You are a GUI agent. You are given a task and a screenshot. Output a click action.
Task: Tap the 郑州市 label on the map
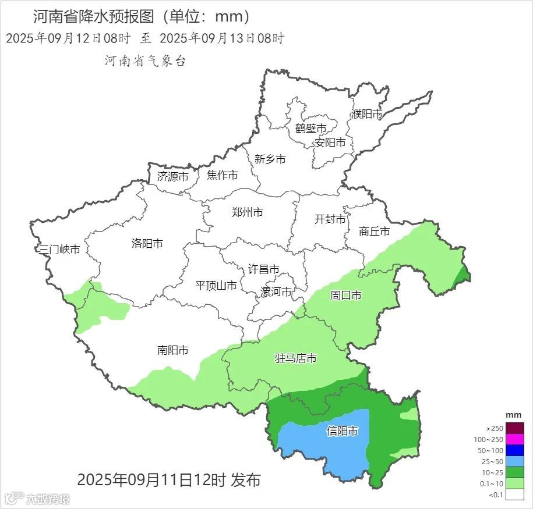[x=247, y=212]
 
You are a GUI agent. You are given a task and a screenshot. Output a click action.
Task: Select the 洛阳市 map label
[x=147, y=244]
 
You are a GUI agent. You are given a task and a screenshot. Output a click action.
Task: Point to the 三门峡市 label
[x=59, y=250]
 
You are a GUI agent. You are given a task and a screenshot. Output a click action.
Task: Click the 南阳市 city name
[x=173, y=350]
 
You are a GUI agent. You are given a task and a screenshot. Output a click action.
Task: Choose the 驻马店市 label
[x=296, y=358]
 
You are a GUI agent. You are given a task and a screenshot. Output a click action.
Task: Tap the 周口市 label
[x=346, y=296]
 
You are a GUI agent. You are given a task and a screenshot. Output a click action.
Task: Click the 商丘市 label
[x=375, y=232]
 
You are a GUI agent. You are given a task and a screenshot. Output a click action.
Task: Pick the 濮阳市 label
[x=367, y=114]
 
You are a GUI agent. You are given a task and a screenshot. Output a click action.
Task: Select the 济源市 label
[x=173, y=176]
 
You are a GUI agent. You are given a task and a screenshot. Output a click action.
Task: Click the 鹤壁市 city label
[x=310, y=129]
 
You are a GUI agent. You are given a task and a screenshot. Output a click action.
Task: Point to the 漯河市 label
[x=276, y=291]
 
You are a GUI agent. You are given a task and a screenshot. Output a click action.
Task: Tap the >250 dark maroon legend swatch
[x=515, y=428]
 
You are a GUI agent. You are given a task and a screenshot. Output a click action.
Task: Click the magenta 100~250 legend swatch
[x=515, y=439]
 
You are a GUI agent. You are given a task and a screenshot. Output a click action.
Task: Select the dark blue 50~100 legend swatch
[x=515, y=450]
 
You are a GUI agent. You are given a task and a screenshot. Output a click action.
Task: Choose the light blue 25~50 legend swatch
[x=515, y=461]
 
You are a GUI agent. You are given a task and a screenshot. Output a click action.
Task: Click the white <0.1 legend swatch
[x=515, y=494]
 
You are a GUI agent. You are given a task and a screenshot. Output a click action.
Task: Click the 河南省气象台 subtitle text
[x=145, y=61]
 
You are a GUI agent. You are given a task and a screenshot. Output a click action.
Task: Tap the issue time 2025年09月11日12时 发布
[x=169, y=480]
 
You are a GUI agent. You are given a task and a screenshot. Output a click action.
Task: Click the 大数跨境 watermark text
[x=47, y=499]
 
